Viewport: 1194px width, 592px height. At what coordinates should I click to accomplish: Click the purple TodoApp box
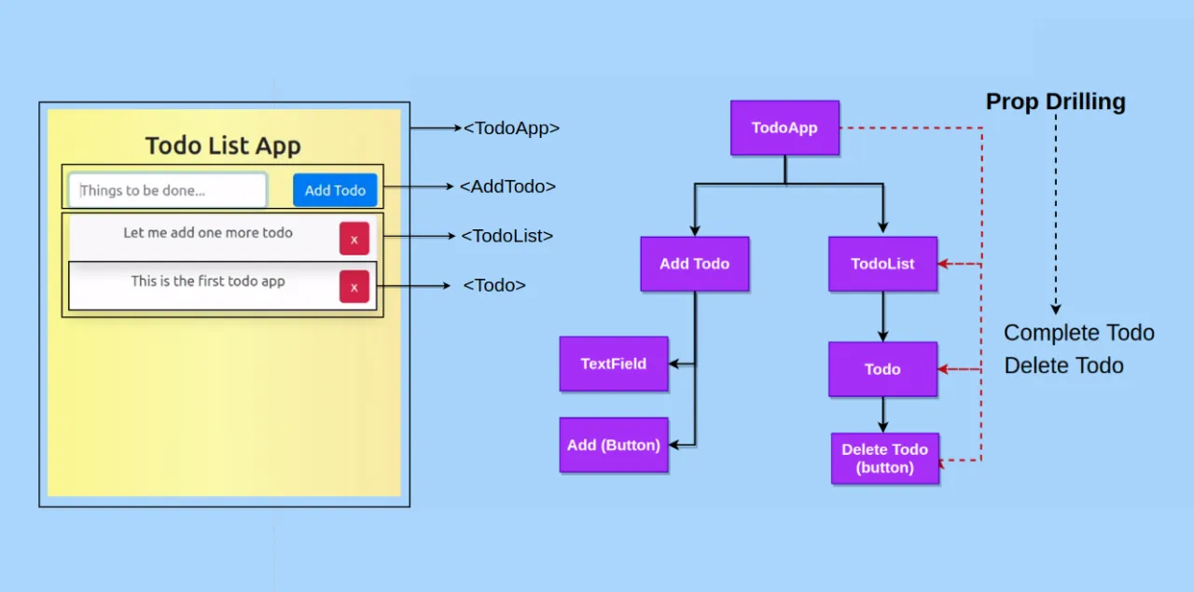coord(784,128)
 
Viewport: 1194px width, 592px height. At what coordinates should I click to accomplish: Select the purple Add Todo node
coord(694,264)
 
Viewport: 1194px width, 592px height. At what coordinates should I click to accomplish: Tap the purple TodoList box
coord(882,264)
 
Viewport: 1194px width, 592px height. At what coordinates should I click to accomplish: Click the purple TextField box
coord(613,364)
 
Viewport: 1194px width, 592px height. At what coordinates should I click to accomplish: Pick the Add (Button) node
coord(613,445)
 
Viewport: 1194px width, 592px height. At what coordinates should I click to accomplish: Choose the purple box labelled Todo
coord(882,369)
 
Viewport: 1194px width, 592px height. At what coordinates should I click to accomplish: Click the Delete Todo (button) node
coord(884,459)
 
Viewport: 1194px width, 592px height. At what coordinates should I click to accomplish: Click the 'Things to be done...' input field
coord(168,190)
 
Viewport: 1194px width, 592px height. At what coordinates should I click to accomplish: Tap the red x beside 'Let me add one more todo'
coord(354,239)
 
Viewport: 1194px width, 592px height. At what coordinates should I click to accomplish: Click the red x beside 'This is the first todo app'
coord(354,287)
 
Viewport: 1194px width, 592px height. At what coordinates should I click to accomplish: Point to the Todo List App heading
coord(223,146)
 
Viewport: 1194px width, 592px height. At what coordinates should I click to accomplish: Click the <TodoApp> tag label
coord(511,129)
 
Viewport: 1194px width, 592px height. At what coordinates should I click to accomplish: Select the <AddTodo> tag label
coord(507,186)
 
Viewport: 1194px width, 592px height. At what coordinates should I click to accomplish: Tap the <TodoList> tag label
coord(507,237)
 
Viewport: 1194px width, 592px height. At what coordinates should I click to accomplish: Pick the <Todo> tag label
coord(494,285)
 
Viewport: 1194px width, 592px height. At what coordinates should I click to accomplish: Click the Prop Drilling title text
coord(1055,102)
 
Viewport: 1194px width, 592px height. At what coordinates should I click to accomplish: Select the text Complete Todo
coord(1078,333)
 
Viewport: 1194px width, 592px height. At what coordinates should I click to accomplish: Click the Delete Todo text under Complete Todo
coord(1063,365)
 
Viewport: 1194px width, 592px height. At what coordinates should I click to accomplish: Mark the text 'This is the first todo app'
coord(208,281)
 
